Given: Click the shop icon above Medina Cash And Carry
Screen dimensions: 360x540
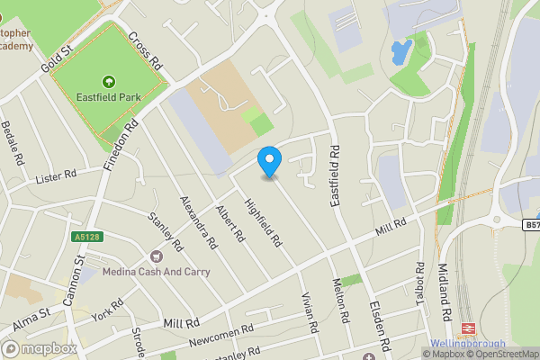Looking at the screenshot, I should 157,256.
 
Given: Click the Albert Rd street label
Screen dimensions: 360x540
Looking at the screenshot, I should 230,224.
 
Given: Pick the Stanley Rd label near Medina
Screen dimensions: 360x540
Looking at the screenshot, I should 166,231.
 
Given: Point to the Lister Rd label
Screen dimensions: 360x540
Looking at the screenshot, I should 57,176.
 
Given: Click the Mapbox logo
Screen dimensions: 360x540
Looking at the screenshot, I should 39,348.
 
